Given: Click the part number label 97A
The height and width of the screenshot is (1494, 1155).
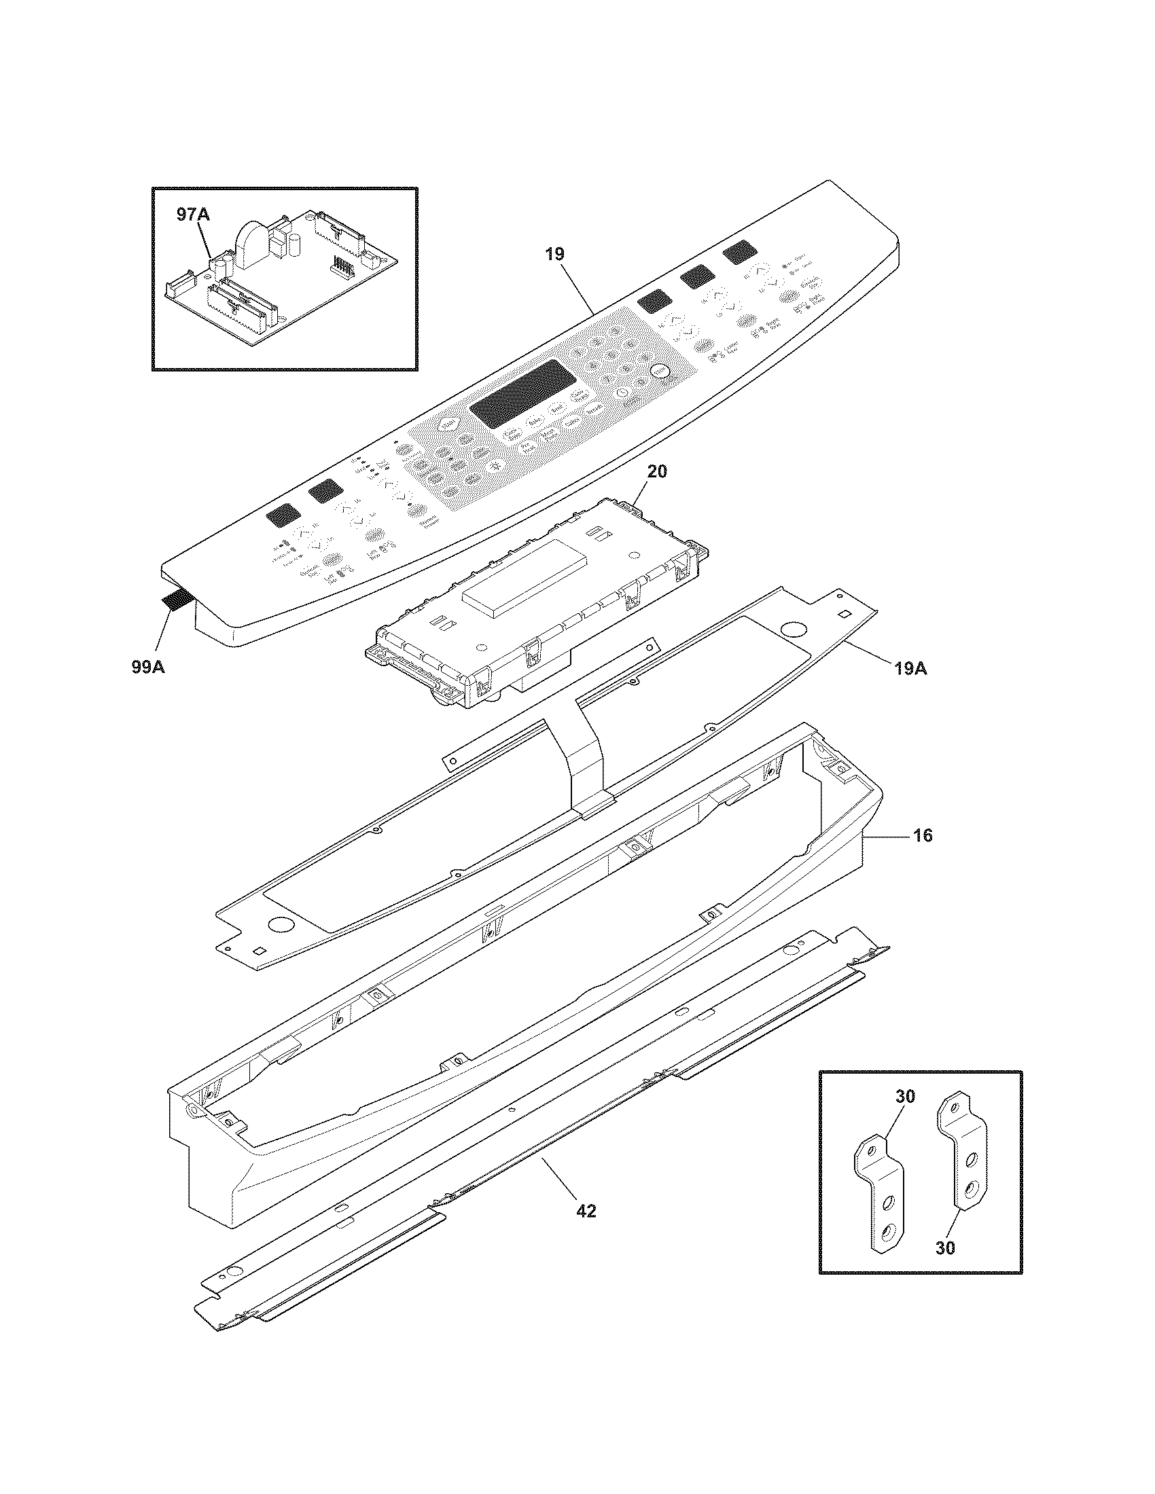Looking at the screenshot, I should (193, 215).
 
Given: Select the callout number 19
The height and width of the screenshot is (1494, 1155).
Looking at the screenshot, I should (554, 255).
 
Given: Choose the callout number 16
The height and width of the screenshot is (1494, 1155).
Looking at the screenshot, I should (922, 835).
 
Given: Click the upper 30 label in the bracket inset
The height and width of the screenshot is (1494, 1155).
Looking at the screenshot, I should (904, 1096).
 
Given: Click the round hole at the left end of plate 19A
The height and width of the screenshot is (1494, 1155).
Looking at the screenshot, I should (279, 924).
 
